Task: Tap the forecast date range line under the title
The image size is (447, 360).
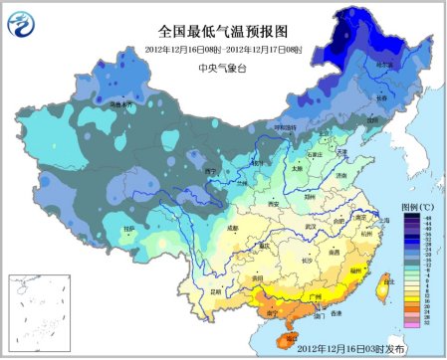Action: (221, 49)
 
